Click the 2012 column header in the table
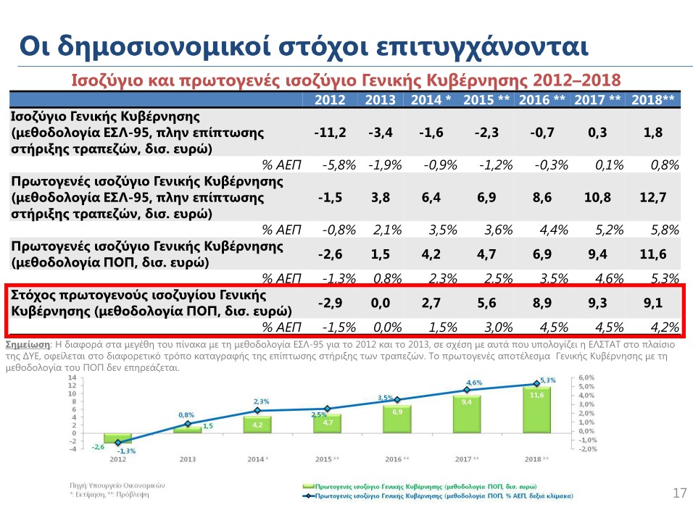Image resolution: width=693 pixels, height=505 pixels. (x=330, y=100)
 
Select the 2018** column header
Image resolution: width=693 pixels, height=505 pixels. (x=653, y=100)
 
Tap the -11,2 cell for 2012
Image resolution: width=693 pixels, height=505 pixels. (x=330, y=133)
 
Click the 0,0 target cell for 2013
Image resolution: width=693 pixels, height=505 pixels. (x=381, y=304)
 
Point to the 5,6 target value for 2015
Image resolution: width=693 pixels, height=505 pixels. (x=486, y=304)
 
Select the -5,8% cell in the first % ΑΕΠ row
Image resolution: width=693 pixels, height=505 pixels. (x=339, y=164)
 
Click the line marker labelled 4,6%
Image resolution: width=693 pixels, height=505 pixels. (x=467, y=390)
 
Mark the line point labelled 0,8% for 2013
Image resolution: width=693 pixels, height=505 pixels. (x=187, y=423)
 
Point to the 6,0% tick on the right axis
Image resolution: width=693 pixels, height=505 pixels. (x=586, y=377)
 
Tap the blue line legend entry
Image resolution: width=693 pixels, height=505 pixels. (x=435, y=495)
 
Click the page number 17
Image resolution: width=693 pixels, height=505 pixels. (x=679, y=493)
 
